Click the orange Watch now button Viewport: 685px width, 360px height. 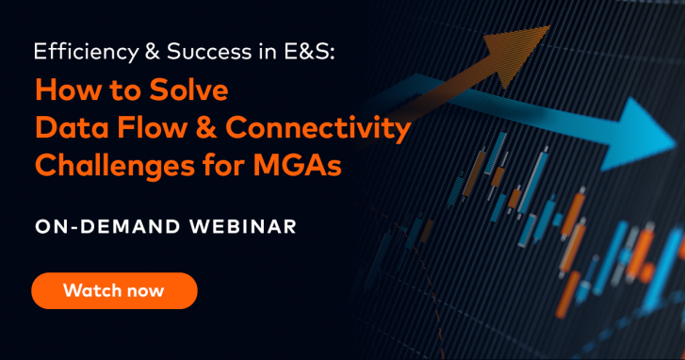(x=114, y=290)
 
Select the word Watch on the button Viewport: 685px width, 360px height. (x=91, y=290)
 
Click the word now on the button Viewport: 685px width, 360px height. (x=144, y=290)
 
